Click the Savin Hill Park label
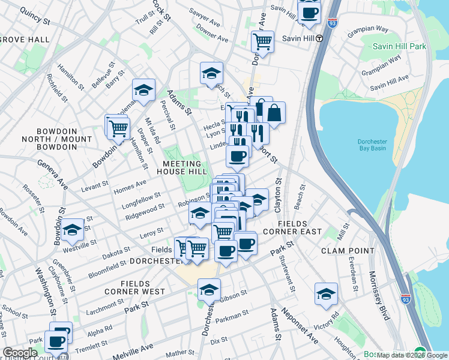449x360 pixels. (x=399, y=46)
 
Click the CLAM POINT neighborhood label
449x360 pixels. (x=345, y=250)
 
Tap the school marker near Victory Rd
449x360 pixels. (x=326, y=293)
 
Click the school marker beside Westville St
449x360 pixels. (x=72, y=229)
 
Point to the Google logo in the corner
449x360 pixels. (x=20, y=353)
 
